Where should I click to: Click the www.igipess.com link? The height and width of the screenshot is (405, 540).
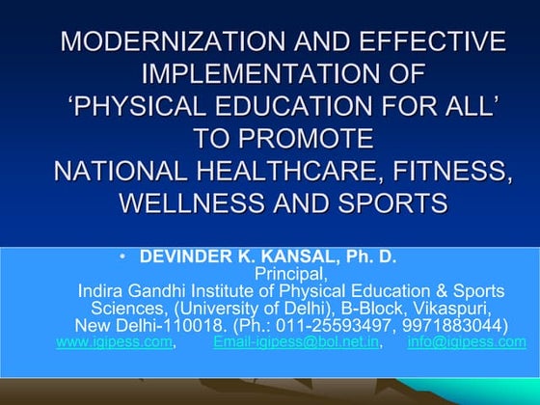[115, 341]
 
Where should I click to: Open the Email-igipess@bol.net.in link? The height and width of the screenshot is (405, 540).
[296, 341]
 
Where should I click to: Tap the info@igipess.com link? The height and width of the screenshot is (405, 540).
[467, 341]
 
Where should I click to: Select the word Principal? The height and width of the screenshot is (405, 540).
[290, 274]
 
